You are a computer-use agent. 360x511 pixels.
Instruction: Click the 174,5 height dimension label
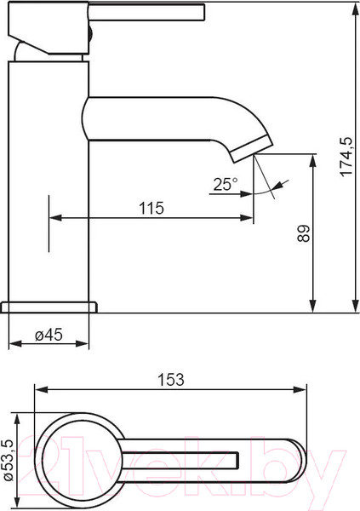click(x=346, y=157)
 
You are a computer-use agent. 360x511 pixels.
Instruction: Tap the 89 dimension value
click(x=304, y=233)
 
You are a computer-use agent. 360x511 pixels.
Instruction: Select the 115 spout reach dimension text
click(x=151, y=208)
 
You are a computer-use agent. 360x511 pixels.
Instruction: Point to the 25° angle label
click(x=226, y=185)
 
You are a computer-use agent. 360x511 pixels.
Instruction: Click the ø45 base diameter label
click(x=49, y=335)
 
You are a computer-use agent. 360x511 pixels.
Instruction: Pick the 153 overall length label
click(x=171, y=380)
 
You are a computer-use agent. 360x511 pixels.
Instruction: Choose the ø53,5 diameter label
click(x=9, y=460)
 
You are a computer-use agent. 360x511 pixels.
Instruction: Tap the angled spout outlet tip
click(x=252, y=148)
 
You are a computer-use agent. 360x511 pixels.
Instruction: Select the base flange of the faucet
click(x=49, y=307)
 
